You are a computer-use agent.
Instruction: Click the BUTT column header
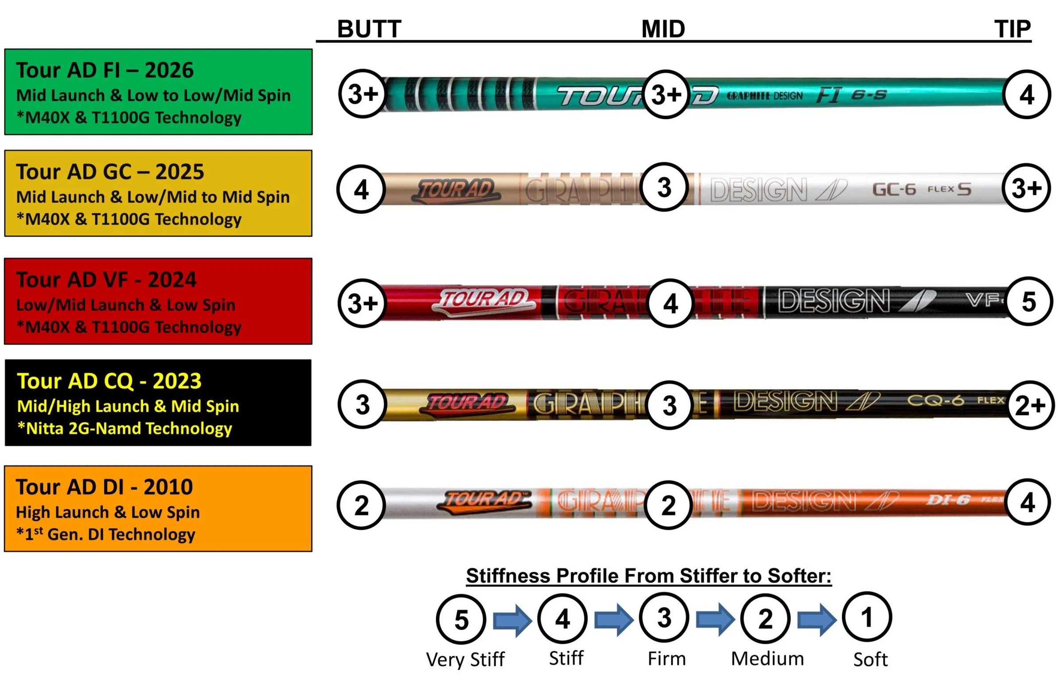[369, 29]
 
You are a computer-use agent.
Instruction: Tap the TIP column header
[1012, 29]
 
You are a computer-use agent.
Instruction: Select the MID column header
[663, 29]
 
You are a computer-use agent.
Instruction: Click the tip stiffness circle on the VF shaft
[1029, 301]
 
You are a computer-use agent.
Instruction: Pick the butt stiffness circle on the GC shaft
[361, 189]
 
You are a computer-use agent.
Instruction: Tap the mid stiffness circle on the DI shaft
[668, 505]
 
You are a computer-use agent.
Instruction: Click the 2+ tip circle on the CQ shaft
[1030, 405]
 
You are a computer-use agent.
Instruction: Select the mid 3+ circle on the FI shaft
[666, 94]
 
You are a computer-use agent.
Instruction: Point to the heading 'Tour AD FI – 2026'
[105, 70]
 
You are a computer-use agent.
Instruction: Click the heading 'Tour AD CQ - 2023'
[109, 381]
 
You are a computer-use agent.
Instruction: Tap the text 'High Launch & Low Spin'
[108, 512]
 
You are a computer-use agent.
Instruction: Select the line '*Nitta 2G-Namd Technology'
[124, 429]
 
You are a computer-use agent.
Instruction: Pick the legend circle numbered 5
[461, 619]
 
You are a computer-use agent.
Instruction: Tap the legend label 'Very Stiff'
[465, 659]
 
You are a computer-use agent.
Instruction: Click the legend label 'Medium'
[767, 659]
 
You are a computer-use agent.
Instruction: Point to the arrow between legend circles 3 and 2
[715, 619]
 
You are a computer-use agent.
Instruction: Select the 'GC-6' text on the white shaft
[894, 189]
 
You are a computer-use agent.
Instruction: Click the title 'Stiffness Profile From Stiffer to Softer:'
[649, 576]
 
